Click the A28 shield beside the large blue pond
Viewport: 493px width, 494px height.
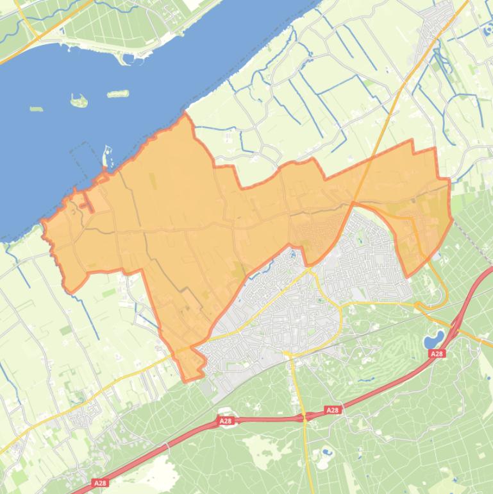tap(437, 353)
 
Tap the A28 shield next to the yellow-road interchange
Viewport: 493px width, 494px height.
tap(332, 410)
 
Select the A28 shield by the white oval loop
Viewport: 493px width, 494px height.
tap(225, 422)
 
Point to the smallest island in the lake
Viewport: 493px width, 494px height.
tap(36, 109)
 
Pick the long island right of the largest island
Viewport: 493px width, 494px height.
tap(117, 94)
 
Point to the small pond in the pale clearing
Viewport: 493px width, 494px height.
tap(327, 452)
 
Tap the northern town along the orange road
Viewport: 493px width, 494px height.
tap(442, 26)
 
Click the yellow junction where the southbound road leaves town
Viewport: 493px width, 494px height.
tap(289, 353)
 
